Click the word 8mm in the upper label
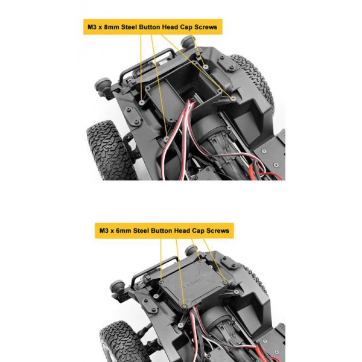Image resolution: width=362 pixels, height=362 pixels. tap(112, 27)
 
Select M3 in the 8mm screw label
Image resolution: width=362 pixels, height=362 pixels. tap(92, 27)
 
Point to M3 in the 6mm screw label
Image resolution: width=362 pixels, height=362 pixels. tap(104, 230)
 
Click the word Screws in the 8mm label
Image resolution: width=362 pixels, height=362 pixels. tap(206, 27)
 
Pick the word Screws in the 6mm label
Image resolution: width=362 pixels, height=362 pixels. tap(218, 230)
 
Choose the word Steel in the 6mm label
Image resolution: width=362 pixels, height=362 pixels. tap(141, 230)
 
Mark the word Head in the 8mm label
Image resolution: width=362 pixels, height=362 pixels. tap(170, 27)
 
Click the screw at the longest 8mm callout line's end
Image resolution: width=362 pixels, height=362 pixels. tap(167, 139)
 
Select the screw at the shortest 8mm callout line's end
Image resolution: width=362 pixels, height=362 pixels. tap(206, 67)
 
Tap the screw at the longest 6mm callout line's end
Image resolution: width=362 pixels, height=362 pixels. tap(184, 306)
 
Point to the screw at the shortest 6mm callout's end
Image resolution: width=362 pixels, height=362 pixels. tap(201, 261)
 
